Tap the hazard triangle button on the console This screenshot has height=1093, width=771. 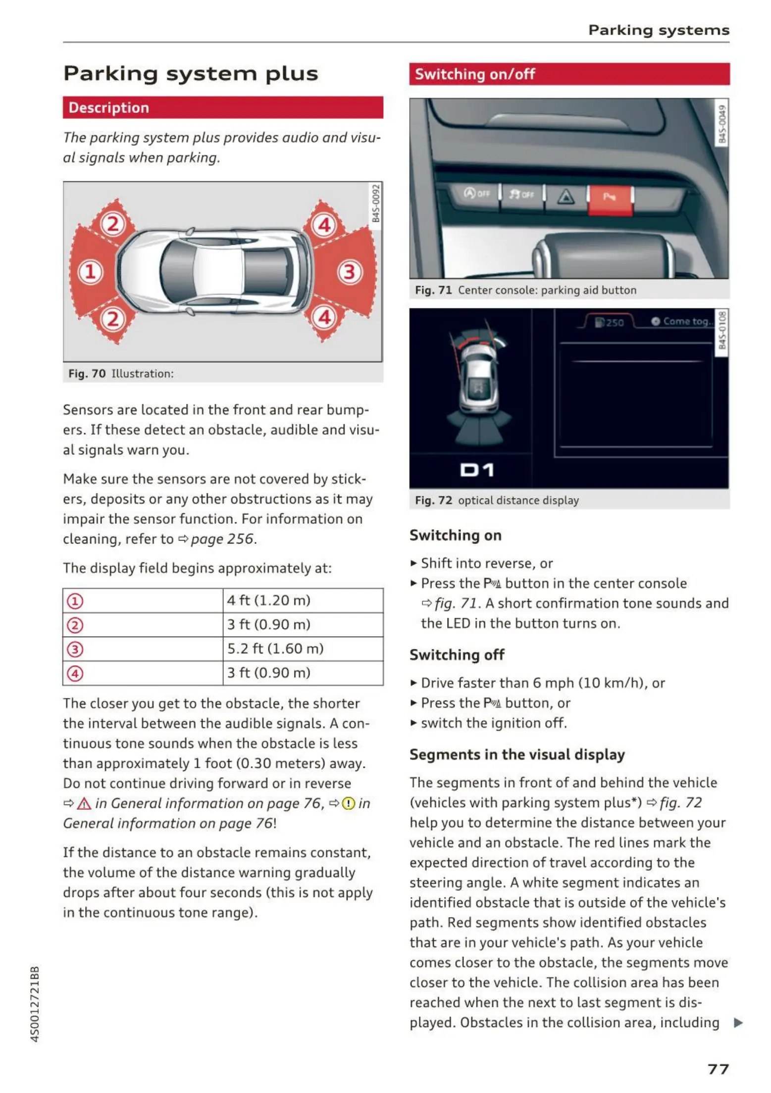pyautogui.click(x=566, y=197)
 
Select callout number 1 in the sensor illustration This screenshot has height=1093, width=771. pyautogui.click(x=90, y=272)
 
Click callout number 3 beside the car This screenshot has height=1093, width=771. pyautogui.click(x=350, y=272)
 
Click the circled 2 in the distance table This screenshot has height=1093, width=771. pyautogui.click(x=75, y=625)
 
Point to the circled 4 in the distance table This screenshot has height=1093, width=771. pyautogui.click(x=75, y=673)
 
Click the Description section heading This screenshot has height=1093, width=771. pyautogui.click(x=109, y=108)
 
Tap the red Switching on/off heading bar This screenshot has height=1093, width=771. pyautogui.click(x=569, y=74)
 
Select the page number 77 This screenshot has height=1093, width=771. pyautogui.click(x=718, y=1069)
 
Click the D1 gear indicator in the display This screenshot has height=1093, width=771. pyautogui.click(x=477, y=470)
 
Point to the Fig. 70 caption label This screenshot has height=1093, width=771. pyautogui.click(x=87, y=374)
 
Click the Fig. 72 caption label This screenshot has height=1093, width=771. pyautogui.click(x=433, y=500)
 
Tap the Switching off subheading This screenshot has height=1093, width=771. pyautogui.click(x=457, y=655)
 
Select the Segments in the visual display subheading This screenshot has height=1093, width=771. pyautogui.click(x=517, y=754)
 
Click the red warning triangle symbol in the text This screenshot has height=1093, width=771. pyautogui.click(x=84, y=803)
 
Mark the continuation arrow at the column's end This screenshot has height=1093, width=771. pyautogui.click(x=738, y=1023)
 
